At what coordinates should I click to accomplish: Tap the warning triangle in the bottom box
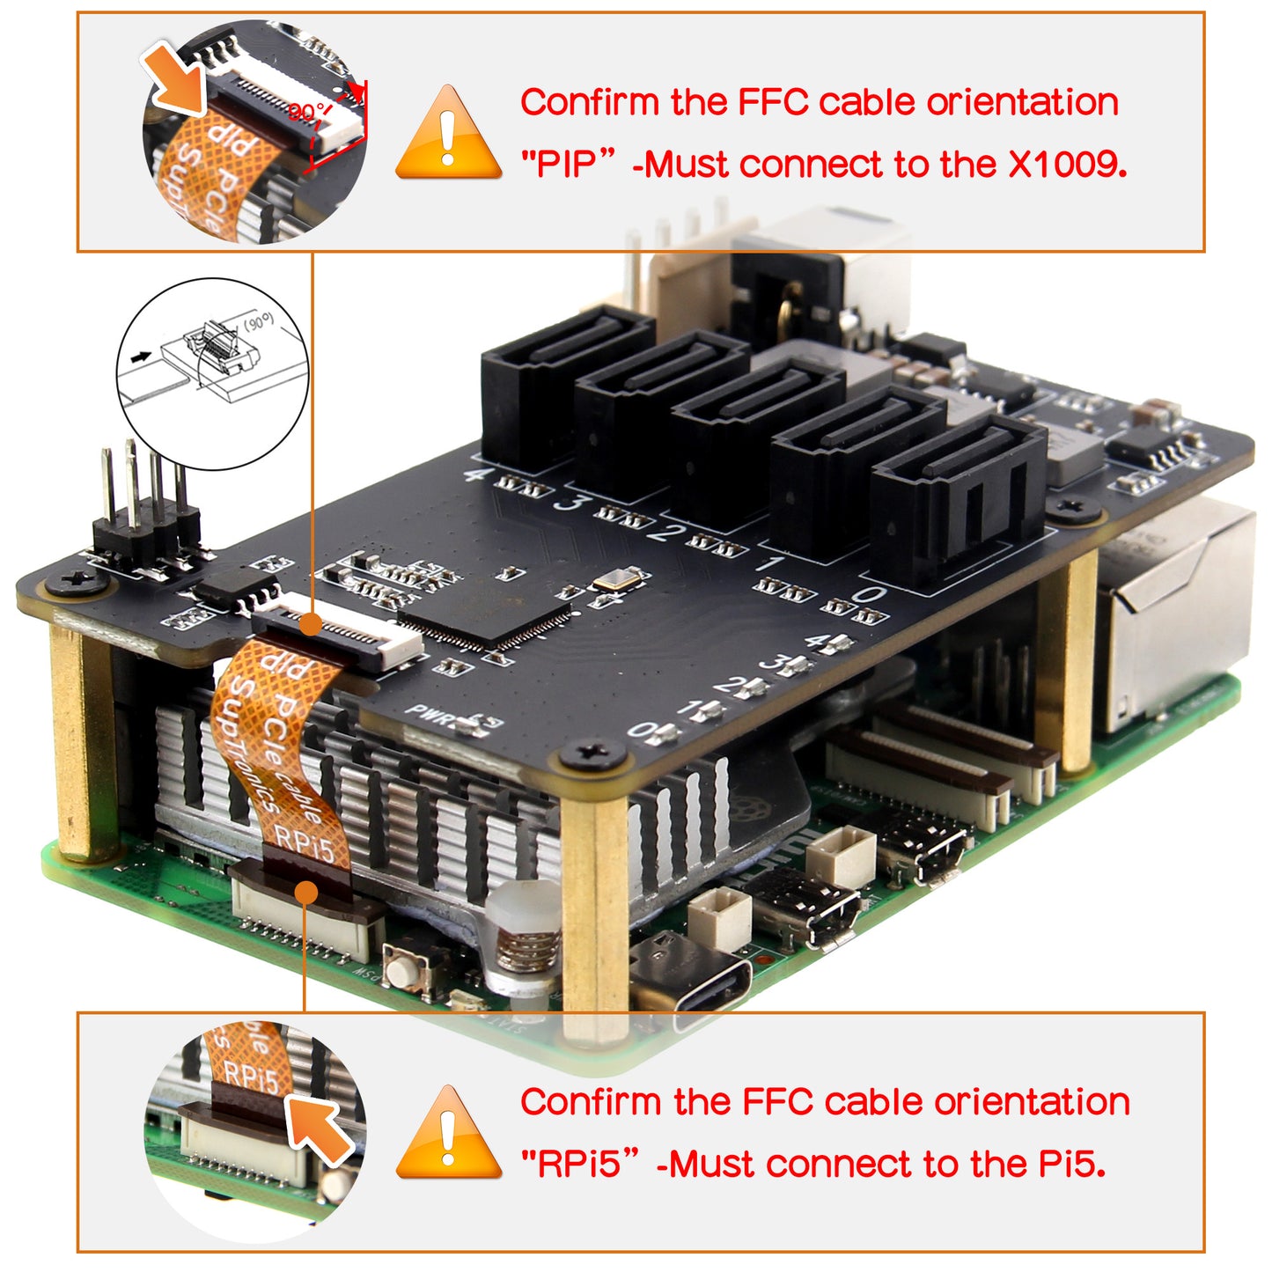coord(449,1136)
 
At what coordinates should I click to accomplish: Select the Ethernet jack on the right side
coord(1180,616)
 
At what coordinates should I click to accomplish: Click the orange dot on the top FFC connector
coord(310,625)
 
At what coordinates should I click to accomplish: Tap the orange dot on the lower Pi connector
coord(305,893)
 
